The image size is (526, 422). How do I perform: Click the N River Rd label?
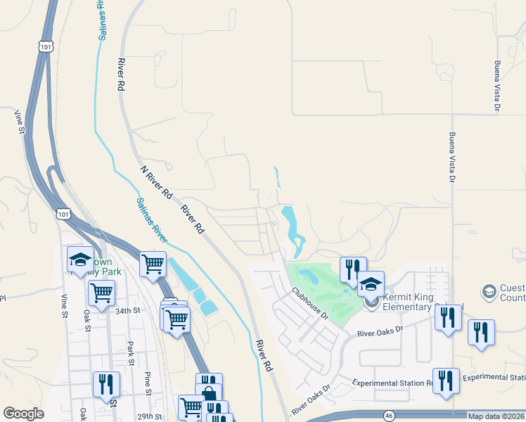156,182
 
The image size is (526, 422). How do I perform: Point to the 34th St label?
128,310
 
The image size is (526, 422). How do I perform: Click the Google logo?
23,414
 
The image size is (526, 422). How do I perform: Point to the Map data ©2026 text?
496,416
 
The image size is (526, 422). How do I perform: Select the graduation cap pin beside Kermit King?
371,284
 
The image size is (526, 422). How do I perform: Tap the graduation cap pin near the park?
80,260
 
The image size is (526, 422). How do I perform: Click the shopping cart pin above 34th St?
102,292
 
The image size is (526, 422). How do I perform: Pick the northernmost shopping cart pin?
153,264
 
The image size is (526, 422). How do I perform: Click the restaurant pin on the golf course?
352,268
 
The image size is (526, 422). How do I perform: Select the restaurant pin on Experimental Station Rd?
446,381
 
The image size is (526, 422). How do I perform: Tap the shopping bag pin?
209,394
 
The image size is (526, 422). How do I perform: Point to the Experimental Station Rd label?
394,383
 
